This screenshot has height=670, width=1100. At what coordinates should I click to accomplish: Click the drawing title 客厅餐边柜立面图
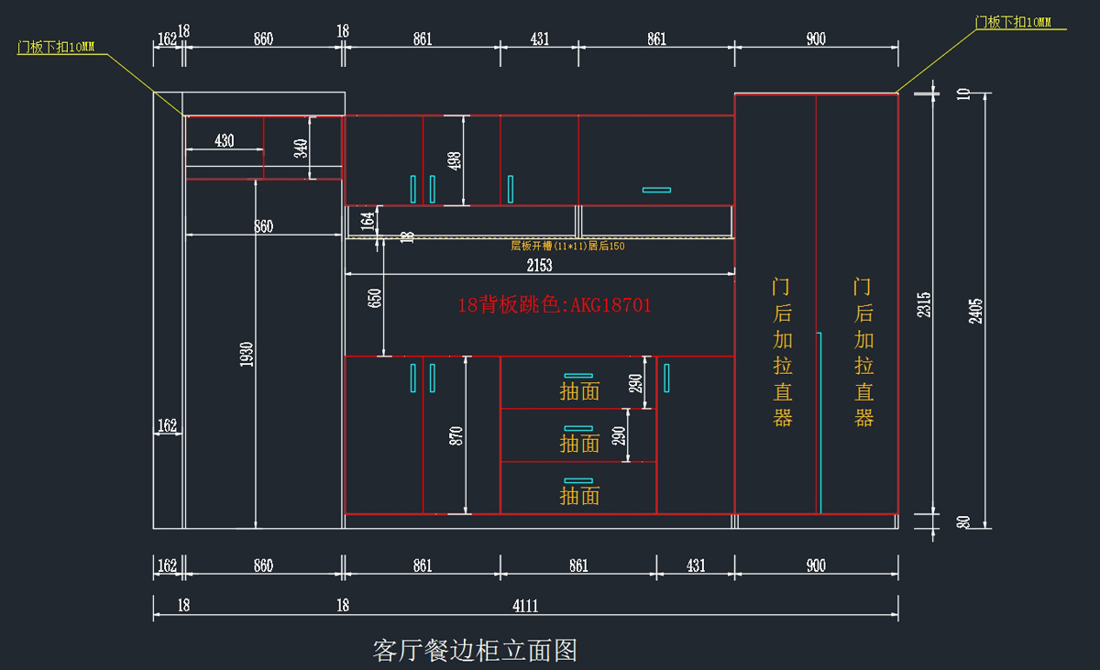(x=475, y=651)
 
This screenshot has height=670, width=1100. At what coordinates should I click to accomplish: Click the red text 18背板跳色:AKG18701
(x=555, y=305)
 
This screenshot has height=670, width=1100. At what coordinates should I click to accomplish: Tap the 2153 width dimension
(x=540, y=265)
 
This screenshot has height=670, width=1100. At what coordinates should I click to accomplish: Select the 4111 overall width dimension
(x=525, y=605)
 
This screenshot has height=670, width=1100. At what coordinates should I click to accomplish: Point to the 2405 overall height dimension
(x=975, y=310)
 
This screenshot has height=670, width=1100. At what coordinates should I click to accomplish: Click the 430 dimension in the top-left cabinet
(x=224, y=141)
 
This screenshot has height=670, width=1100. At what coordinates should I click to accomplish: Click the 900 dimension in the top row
(x=816, y=38)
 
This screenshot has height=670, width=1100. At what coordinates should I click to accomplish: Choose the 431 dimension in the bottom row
(x=696, y=566)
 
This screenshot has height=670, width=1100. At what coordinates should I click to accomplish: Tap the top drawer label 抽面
(x=579, y=391)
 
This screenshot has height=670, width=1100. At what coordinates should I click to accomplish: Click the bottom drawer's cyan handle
(x=578, y=480)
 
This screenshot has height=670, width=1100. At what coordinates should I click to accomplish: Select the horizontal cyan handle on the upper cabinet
(x=656, y=190)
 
